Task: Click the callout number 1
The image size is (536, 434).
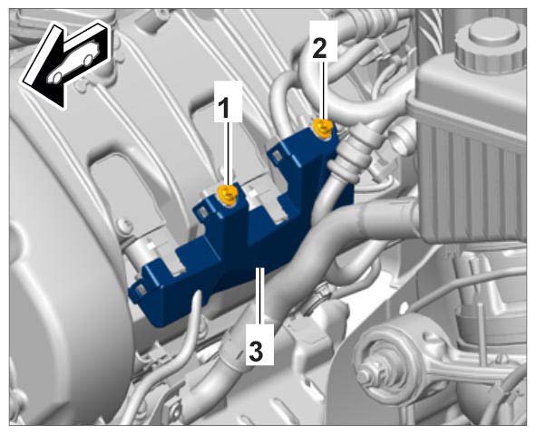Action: (224, 106)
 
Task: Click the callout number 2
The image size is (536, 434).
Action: (319, 49)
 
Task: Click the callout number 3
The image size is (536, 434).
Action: (256, 352)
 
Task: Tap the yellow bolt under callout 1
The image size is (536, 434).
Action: (228, 195)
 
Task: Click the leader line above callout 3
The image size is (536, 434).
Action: (260, 295)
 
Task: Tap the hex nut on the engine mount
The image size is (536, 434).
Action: (370, 375)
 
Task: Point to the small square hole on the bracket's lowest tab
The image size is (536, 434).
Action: (140, 291)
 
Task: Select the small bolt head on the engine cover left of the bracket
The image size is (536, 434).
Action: (125, 225)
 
